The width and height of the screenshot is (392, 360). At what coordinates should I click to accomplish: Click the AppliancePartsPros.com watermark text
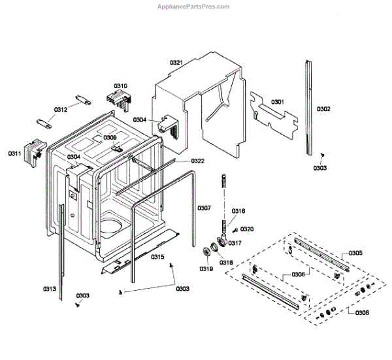pyautogui.click(x=193, y=7)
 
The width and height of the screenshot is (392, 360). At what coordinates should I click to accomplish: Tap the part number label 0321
pyautogui.click(x=176, y=62)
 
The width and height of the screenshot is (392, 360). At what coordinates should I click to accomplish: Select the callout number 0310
pyautogui.click(x=120, y=86)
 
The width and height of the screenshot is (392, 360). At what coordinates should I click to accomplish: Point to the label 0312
pyautogui.click(x=61, y=110)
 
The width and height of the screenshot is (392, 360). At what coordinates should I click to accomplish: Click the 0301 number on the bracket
pyautogui.click(x=278, y=102)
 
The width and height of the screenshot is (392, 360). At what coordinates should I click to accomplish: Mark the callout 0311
pyautogui.click(x=15, y=154)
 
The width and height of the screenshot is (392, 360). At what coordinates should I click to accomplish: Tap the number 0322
pyautogui.click(x=197, y=161)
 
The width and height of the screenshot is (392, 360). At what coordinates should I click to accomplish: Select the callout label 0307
pyautogui.click(x=204, y=208)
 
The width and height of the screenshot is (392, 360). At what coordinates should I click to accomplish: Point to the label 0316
pyautogui.click(x=238, y=210)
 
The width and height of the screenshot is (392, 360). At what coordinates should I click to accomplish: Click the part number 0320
pyautogui.click(x=247, y=229)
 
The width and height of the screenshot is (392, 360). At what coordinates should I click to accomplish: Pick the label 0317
pyautogui.click(x=235, y=244)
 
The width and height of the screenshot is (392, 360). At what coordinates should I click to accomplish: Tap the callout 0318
pyautogui.click(x=225, y=262)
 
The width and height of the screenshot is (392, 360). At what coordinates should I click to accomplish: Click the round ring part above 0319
pyautogui.click(x=210, y=253)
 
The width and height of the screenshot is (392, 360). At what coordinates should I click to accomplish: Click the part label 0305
pyautogui.click(x=355, y=253)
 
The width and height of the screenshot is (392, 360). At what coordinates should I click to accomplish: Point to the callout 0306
pyautogui.click(x=298, y=275)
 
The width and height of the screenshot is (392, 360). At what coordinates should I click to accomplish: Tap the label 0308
pyautogui.click(x=361, y=313)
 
